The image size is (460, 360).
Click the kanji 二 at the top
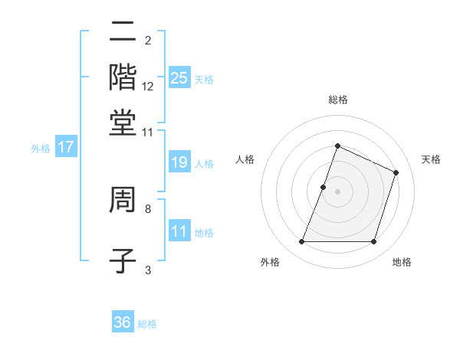tap(123, 32)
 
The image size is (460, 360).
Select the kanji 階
tap(123, 77)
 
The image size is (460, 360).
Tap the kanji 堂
tap(123, 122)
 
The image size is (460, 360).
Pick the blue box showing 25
tap(179, 77)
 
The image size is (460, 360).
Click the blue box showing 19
tap(179, 162)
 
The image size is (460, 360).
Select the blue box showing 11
tap(179, 231)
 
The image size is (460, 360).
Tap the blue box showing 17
tap(65, 147)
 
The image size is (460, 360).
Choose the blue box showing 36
tap(122, 322)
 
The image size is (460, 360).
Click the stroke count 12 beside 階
tap(148, 86)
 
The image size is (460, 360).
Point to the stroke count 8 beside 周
tap(147, 208)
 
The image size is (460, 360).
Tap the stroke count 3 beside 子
tap(147, 269)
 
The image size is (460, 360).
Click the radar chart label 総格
tap(337, 100)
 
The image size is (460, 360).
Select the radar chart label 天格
tap(431, 159)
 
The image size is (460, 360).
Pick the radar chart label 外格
tap(270, 262)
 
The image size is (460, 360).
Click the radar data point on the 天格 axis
tap(396, 172)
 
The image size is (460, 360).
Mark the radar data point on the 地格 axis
tap(373, 242)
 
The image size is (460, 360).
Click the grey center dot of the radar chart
tap(337, 191)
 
